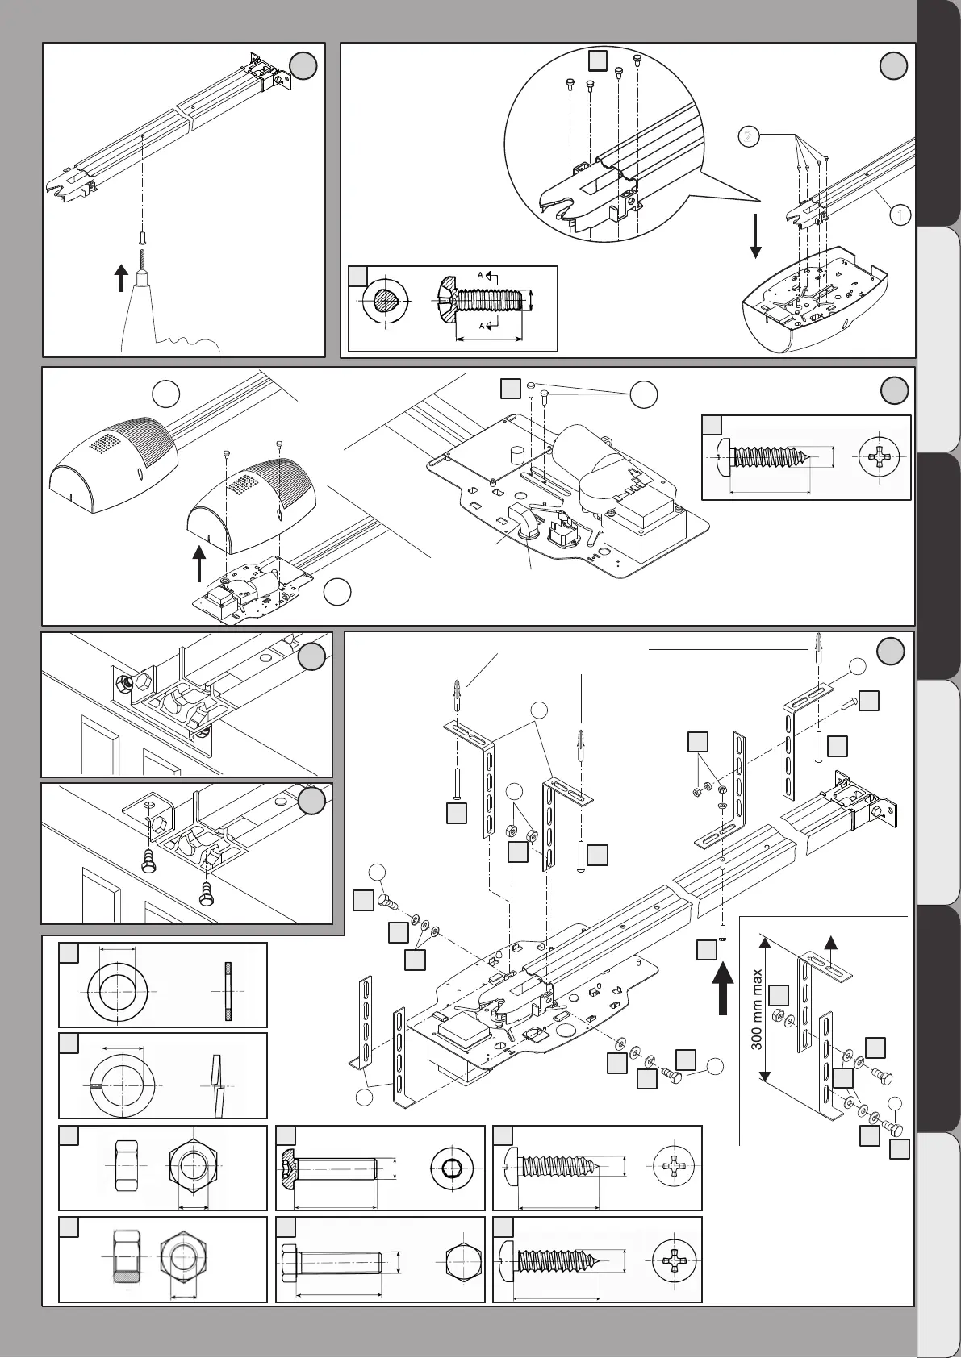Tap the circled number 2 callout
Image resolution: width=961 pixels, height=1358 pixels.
[749, 137]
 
